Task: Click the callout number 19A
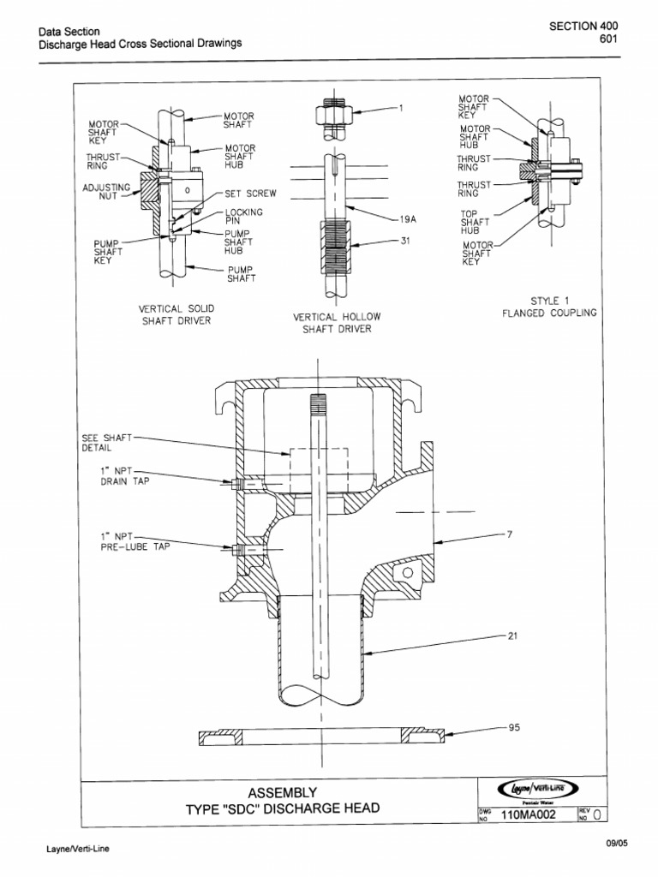point(407,219)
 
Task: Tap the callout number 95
point(513,728)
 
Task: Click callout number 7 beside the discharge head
point(509,534)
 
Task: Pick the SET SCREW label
point(250,194)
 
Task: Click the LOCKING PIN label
point(243,217)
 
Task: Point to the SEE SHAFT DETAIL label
point(106,442)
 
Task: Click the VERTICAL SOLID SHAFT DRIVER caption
point(176,315)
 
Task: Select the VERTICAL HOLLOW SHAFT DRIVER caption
point(337,323)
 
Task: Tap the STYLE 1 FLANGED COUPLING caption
point(549,307)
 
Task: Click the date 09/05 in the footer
point(616,844)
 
